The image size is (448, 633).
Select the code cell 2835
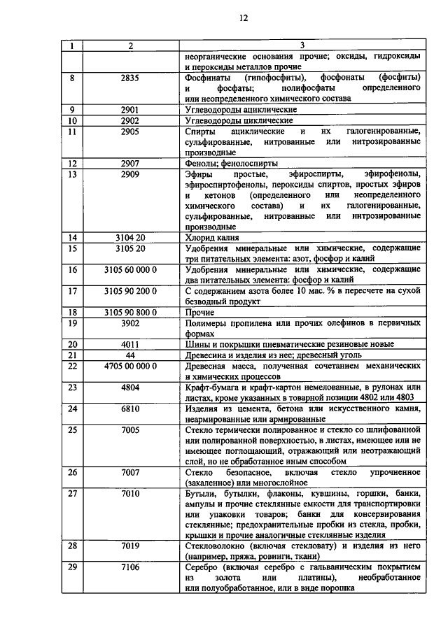(x=130, y=78)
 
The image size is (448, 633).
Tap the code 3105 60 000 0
(x=130, y=269)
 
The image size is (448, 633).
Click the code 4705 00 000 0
(x=130, y=365)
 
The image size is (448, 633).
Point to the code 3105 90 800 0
(x=130, y=312)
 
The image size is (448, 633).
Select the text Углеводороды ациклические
(x=241, y=110)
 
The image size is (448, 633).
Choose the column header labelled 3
(x=303, y=46)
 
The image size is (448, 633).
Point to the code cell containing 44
(x=130, y=355)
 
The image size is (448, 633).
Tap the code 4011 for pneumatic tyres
(x=130, y=344)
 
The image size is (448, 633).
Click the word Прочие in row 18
(x=200, y=312)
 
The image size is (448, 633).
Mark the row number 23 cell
(x=71, y=387)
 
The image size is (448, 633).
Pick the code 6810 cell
(x=130, y=408)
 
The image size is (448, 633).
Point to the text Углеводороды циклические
(x=238, y=120)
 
